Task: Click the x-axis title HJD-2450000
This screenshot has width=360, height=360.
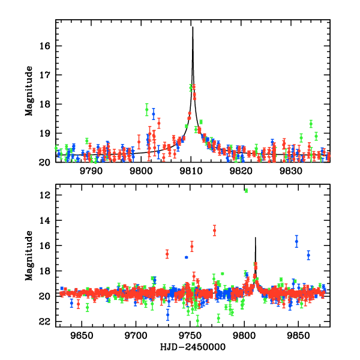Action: pos(192,347)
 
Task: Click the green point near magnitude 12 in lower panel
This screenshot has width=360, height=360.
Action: pos(246,190)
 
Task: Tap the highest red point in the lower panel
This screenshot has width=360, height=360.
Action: pos(214,230)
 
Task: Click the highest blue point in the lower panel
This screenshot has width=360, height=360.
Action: pos(296,241)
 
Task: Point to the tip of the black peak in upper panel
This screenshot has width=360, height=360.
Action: pos(193,27)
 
